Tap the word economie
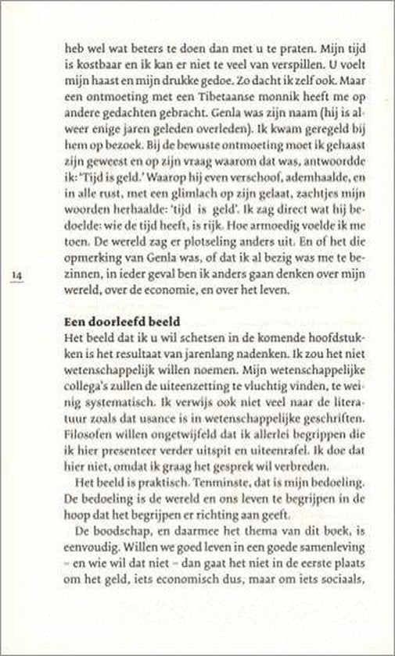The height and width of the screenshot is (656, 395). click(217, 306)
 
